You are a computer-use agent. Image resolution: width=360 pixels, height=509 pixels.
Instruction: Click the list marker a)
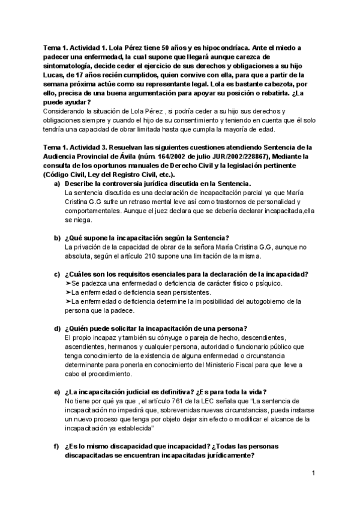coord(57,182)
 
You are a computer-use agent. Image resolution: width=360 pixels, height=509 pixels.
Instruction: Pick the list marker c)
coord(57,274)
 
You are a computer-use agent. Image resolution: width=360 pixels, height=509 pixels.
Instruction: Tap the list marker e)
coord(57,391)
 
